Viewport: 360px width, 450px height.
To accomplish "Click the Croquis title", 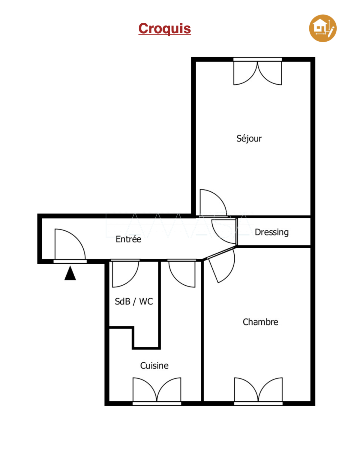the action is pos(164,28).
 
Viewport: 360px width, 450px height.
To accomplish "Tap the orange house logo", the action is pos(322,28).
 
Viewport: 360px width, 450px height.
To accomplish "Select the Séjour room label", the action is pos(249,138).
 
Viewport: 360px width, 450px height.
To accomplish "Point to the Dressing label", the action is pos(271,232).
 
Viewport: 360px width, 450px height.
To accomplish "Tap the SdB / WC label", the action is pos(134,301).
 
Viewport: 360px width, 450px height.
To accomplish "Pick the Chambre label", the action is pos(260,322).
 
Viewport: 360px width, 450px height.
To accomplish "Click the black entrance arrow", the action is pos(70,273).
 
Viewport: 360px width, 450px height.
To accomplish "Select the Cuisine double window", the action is pos(157,391).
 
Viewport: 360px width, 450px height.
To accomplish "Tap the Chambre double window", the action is pos(258,391).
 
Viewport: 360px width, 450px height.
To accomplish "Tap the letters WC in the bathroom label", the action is pos(146,301).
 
